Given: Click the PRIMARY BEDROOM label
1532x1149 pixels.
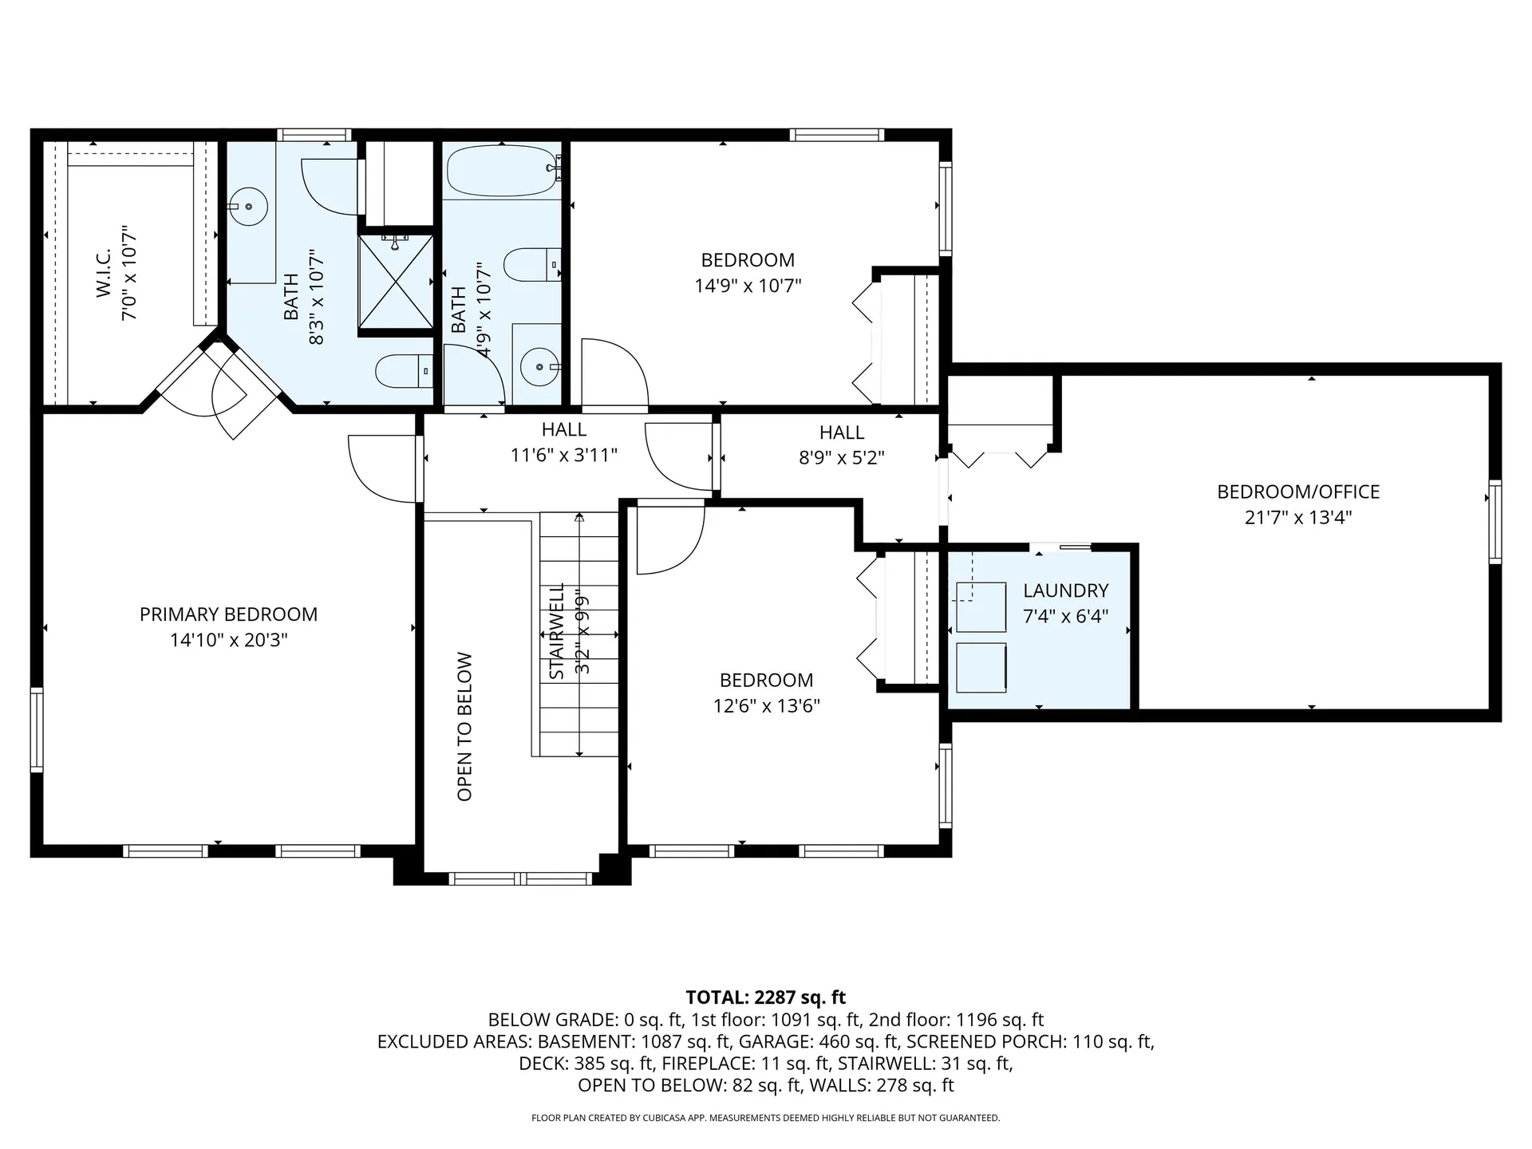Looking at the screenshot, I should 228,614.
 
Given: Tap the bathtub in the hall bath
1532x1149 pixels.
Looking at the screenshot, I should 500,171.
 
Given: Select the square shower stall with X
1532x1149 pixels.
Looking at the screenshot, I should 396,282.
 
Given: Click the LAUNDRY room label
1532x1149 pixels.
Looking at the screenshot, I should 1065,590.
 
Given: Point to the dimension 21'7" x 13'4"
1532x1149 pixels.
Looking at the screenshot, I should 1297,518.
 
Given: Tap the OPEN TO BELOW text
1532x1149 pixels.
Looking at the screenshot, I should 465,726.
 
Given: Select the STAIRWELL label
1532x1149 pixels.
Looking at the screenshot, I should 557,630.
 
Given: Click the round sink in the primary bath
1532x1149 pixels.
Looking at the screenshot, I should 250,207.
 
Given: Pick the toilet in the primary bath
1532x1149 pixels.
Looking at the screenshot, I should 401,371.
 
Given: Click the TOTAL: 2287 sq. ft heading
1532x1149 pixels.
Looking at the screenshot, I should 765,997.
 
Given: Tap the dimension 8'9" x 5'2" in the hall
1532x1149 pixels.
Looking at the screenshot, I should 841,458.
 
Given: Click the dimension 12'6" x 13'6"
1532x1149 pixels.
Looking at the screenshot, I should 766,706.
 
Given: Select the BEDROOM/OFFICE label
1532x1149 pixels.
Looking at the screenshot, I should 1297,492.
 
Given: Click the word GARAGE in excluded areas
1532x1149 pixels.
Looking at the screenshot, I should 770,1041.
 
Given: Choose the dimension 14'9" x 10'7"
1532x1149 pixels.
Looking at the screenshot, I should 747,286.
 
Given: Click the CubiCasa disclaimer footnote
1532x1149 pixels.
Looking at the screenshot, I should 765,1118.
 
